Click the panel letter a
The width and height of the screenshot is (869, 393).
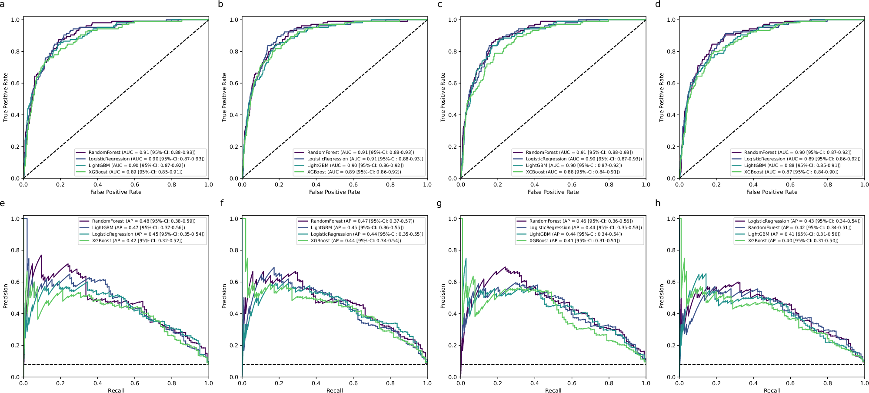pyautogui.click(x=3, y=4)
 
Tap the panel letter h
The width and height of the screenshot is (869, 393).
pyautogui.click(x=658, y=203)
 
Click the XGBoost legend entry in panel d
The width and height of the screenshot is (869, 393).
pyautogui.click(x=791, y=172)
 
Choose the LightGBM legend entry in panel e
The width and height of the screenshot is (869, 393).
pyautogui.click(x=138, y=228)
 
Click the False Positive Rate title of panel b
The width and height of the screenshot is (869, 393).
pyautogui.click(x=334, y=192)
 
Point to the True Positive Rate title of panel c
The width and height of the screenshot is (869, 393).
pyautogui.click(x=443, y=97)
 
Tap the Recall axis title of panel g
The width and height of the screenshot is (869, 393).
pyautogui.click(x=553, y=390)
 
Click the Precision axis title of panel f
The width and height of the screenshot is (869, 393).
pyautogui.click(x=224, y=296)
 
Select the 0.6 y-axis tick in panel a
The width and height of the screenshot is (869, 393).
pyautogui.click(x=15, y=83)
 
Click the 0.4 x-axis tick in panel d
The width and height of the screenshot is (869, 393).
pyautogui.click(x=753, y=185)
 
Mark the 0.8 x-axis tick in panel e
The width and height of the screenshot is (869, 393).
pyautogui.click(x=172, y=383)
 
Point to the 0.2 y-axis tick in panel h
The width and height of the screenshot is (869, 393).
pyautogui.click(x=671, y=346)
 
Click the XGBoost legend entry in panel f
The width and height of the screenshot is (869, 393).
pyautogui.click(x=356, y=241)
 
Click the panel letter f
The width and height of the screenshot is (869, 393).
pyautogui.click(x=222, y=203)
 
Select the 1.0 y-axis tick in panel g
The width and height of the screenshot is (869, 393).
pyautogui.click(x=452, y=219)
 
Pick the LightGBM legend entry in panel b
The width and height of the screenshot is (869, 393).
pyautogui.click(x=354, y=166)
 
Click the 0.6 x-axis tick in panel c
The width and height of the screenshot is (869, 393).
pyautogui.click(x=572, y=185)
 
